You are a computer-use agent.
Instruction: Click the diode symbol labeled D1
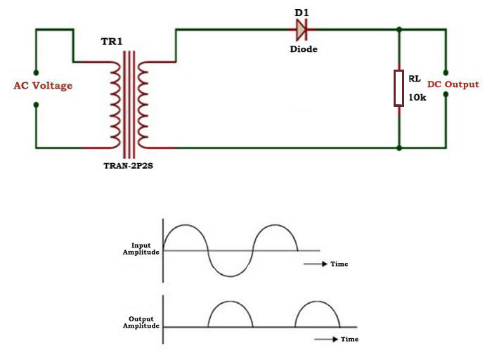302,30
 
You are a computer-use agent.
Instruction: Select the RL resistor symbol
399,88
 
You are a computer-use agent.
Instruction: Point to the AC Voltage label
43,86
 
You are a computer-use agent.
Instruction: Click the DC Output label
453,84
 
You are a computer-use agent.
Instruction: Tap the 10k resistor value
417,98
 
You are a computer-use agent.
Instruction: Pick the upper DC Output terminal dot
446,72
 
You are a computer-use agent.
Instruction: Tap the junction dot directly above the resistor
399,30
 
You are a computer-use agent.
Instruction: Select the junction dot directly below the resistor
399,148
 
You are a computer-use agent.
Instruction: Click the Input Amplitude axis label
141,248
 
